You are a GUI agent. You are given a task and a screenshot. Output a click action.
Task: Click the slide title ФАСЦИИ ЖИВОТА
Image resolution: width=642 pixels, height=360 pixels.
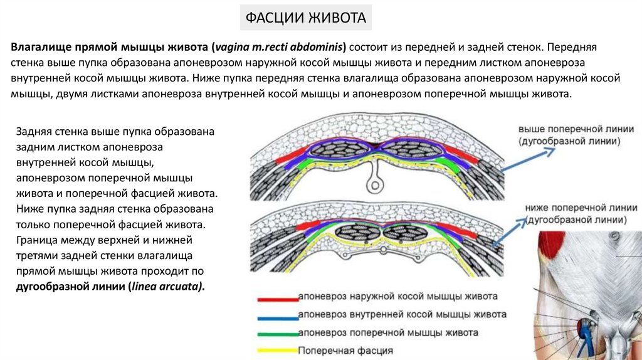[x=305, y=18]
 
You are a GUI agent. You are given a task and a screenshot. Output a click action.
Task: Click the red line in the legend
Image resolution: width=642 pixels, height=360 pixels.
[x=276, y=298]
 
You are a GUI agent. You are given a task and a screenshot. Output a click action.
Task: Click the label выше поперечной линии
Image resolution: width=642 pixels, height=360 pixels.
[x=569, y=129]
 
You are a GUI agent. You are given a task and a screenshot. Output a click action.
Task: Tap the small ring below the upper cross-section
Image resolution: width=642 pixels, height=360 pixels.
[x=374, y=186]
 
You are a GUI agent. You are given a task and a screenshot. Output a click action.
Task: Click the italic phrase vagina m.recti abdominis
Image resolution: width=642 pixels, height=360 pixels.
[x=279, y=47]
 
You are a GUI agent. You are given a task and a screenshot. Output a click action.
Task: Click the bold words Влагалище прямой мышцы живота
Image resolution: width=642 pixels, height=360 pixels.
[x=109, y=47]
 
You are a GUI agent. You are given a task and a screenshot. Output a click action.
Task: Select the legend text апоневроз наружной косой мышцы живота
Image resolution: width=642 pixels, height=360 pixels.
[x=399, y=296]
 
